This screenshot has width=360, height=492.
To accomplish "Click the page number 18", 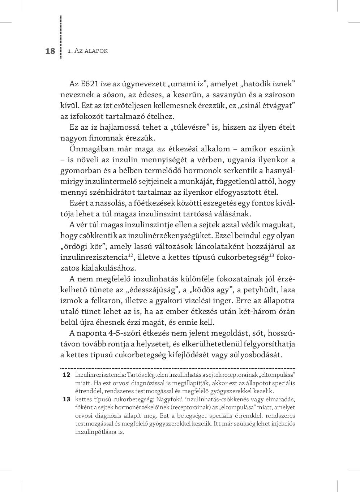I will [x=50, y=51].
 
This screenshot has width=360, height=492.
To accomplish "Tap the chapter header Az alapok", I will [x=88, y=51].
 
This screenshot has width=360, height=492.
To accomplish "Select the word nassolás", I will [x=109, y=203].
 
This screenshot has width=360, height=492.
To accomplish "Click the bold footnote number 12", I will [x=66, y=375].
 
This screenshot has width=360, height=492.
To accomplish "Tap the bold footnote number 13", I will [x=66, y=399].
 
